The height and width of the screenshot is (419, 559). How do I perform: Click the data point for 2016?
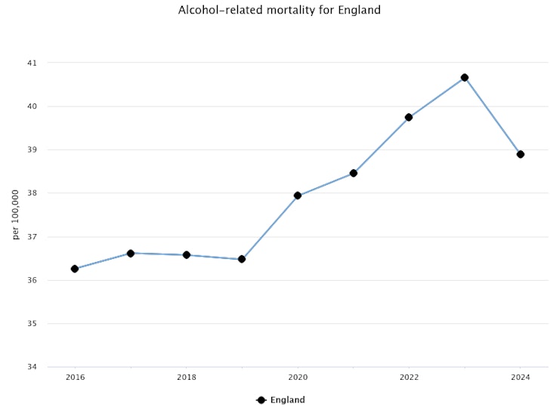pos(75,269)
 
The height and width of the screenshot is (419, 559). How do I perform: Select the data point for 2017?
pos(131,254)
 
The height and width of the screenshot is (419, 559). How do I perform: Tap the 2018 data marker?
pos(186,255)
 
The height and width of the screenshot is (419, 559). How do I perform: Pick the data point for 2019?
pos(242,259)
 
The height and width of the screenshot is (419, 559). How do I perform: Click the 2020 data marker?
pos(298,196)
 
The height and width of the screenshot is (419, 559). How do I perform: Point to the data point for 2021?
pos(354,173)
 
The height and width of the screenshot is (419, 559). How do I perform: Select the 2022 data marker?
pos(409,117)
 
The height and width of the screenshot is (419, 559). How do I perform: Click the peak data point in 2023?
pos(465,77)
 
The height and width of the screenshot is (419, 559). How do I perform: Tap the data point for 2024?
pos(520,154)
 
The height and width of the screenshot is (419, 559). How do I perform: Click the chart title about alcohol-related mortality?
pos(279,11)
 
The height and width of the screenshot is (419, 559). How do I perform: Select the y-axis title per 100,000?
pos(16,215)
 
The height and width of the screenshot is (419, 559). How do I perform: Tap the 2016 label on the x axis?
pos(75,377)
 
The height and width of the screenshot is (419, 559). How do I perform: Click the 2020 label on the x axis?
pos(298,377)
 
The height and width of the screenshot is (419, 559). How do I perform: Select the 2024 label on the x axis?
pos(520,377)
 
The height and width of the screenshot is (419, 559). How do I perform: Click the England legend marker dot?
pos(261,400)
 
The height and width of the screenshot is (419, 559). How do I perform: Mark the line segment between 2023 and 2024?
pos(493,116)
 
